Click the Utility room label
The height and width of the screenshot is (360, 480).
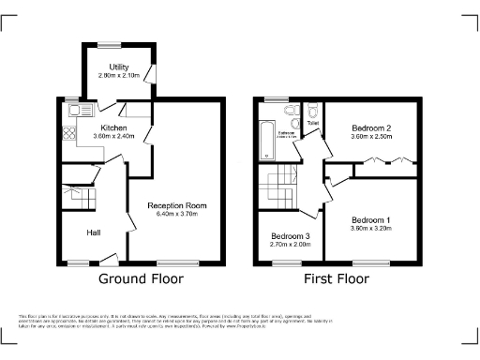coord(118,67)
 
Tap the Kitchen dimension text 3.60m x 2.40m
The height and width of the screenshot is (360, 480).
coord(114,136)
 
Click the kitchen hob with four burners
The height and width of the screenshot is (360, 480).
coord(69,136)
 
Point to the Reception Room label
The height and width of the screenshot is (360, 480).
coord(176,205)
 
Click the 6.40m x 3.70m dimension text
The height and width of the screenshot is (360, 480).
coord(176,215)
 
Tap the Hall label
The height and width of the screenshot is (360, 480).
coord(95,232)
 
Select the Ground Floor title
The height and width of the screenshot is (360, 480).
coord(141,278)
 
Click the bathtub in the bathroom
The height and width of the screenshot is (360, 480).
coord(263,139)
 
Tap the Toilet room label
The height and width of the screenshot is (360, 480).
coord(312,121)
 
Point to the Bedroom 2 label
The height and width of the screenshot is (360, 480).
coord(370,127)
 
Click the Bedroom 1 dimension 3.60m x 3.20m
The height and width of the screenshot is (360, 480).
coord(370,228)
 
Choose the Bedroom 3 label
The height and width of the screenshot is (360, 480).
coord(290,235)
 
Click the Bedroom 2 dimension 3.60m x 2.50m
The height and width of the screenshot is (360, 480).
coord(370,137)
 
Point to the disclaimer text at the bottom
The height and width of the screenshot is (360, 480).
coord(239,321)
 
